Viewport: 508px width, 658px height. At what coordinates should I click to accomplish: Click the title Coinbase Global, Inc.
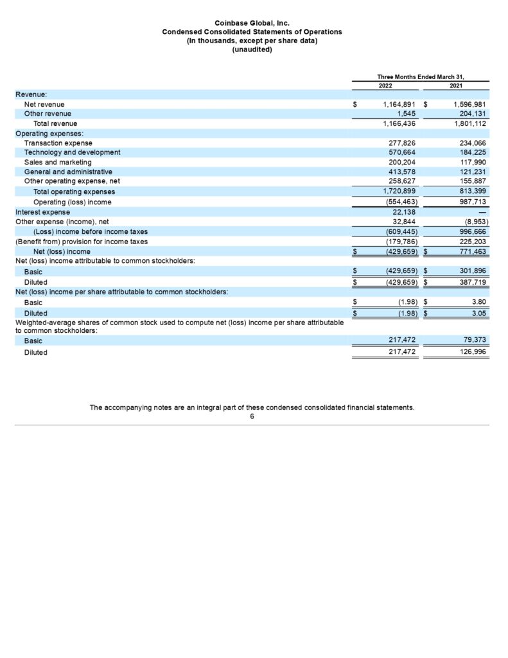(x=252, y=23)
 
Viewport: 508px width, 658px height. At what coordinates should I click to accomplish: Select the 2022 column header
(x=385, y=85)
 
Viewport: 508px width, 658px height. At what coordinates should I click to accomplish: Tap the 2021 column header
(x=456, y=85)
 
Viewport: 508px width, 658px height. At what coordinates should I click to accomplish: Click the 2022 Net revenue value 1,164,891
(x=399, y=104)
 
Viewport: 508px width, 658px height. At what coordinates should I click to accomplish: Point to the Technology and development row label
(x=72, y=152)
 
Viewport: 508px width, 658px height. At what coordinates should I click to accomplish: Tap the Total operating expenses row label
(x=74, y=191)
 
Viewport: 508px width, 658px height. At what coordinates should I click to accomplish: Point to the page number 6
(x=252, y=416)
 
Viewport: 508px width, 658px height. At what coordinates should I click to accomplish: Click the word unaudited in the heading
(x=252, y=50)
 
